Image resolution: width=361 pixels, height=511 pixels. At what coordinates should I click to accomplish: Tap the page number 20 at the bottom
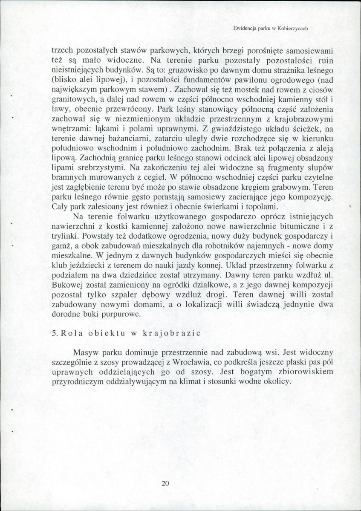coord(166,483)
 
